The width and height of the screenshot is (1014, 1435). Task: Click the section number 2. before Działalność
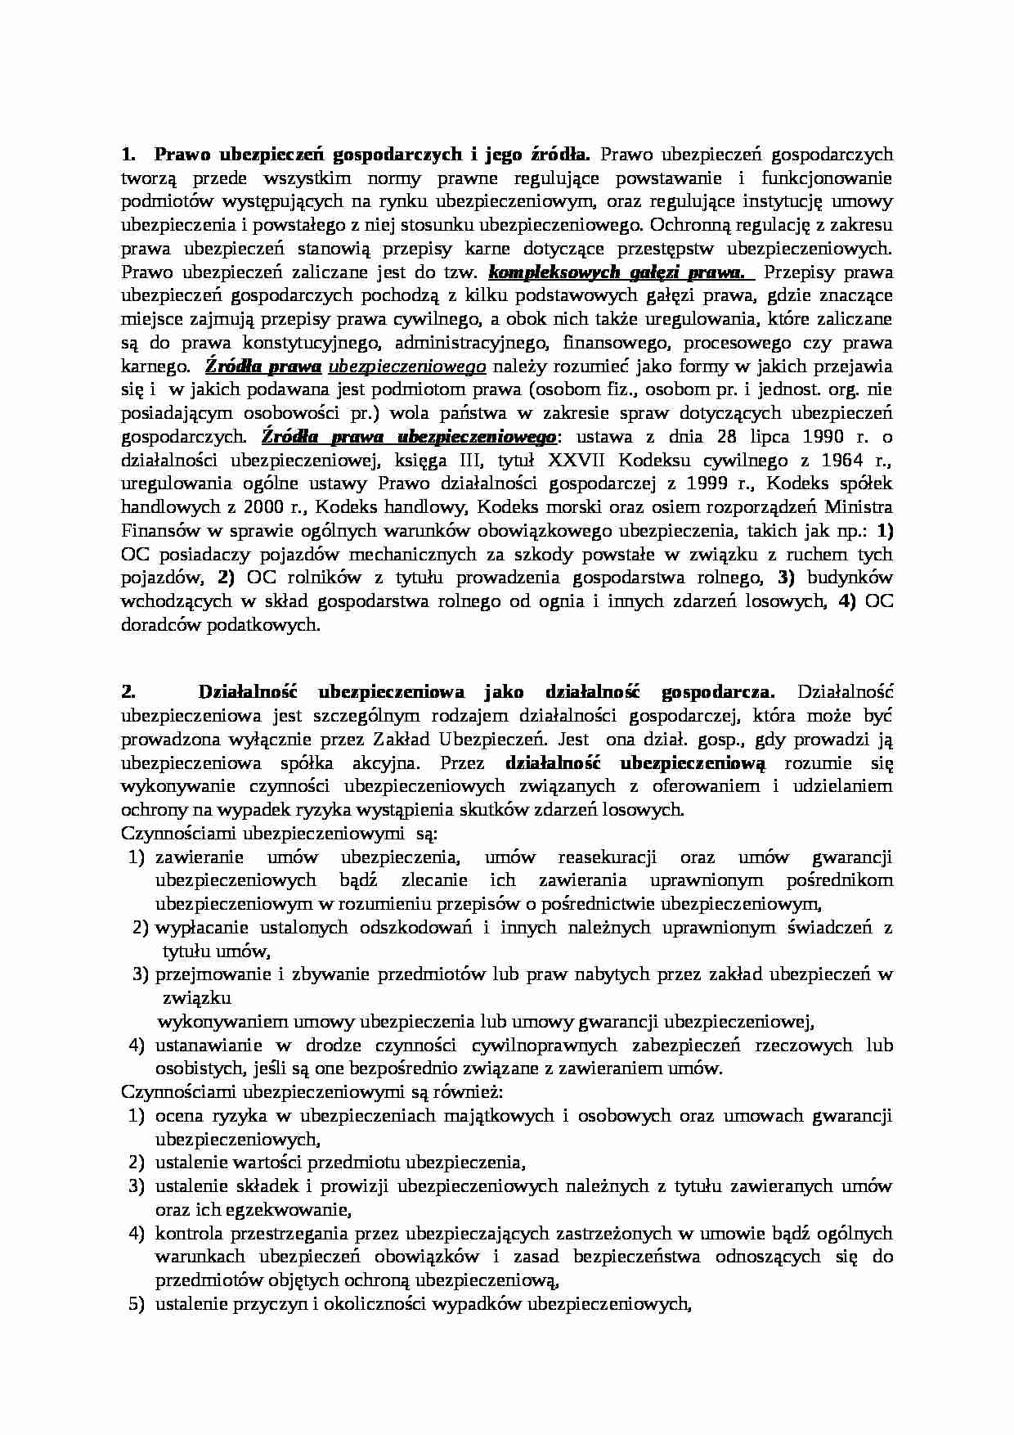pos(127,692)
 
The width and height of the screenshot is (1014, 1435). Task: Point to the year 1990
pos(819,436)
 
